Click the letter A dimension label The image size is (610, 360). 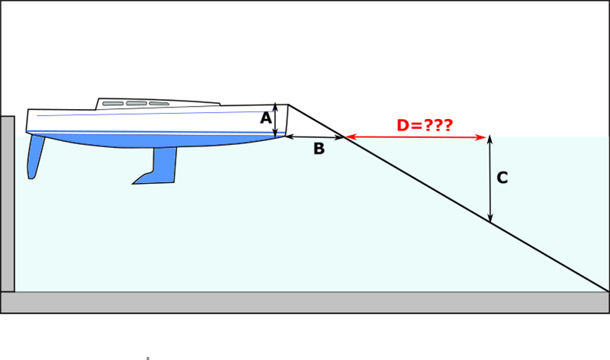(265, 118)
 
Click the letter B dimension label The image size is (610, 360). (319, 149)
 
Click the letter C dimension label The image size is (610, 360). (502, 178)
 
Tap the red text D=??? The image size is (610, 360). (425, 125)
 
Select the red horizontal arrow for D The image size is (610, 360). (416, 137)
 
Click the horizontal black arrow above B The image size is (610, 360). (315, 137)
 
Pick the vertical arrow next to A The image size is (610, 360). (276, 121)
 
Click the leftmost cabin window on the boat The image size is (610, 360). (113, 103)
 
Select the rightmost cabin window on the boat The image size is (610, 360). (159, 103)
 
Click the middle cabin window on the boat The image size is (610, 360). (136, 103)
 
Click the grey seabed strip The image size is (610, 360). (305, 302)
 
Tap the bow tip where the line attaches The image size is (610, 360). (288, 105)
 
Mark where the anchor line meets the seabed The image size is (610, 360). (607, 291)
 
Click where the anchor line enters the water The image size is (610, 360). (346, 137)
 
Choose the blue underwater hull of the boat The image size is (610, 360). (152, 140)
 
